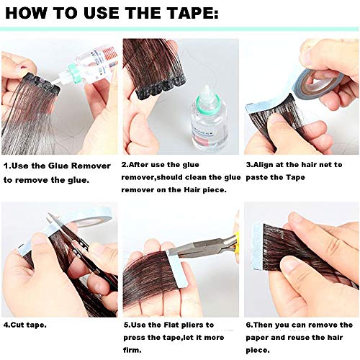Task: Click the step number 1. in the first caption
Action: point(7,166)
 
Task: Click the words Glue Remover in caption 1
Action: point(78,166)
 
